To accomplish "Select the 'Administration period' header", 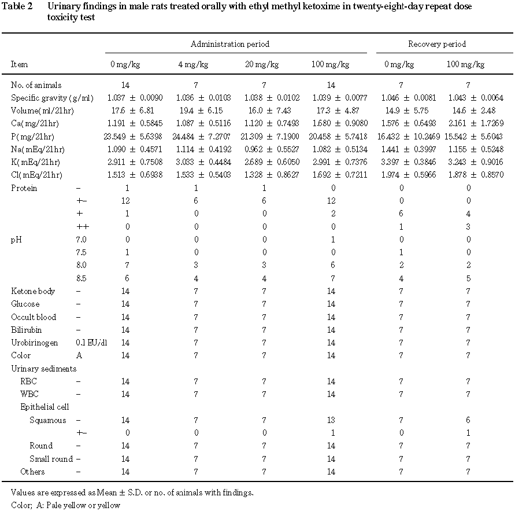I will click(230, 44).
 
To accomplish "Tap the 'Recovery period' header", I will click(437, 44).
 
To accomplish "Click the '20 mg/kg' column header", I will click(262, 64).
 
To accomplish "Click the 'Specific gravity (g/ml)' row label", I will click(52, 98).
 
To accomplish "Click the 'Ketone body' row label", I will click(33, 291).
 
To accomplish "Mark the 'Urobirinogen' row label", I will click(34, 343).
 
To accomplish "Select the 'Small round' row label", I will click(51, 459).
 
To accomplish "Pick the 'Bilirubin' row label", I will click(27, 330).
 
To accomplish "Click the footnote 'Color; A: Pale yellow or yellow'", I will click(65, 505).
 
